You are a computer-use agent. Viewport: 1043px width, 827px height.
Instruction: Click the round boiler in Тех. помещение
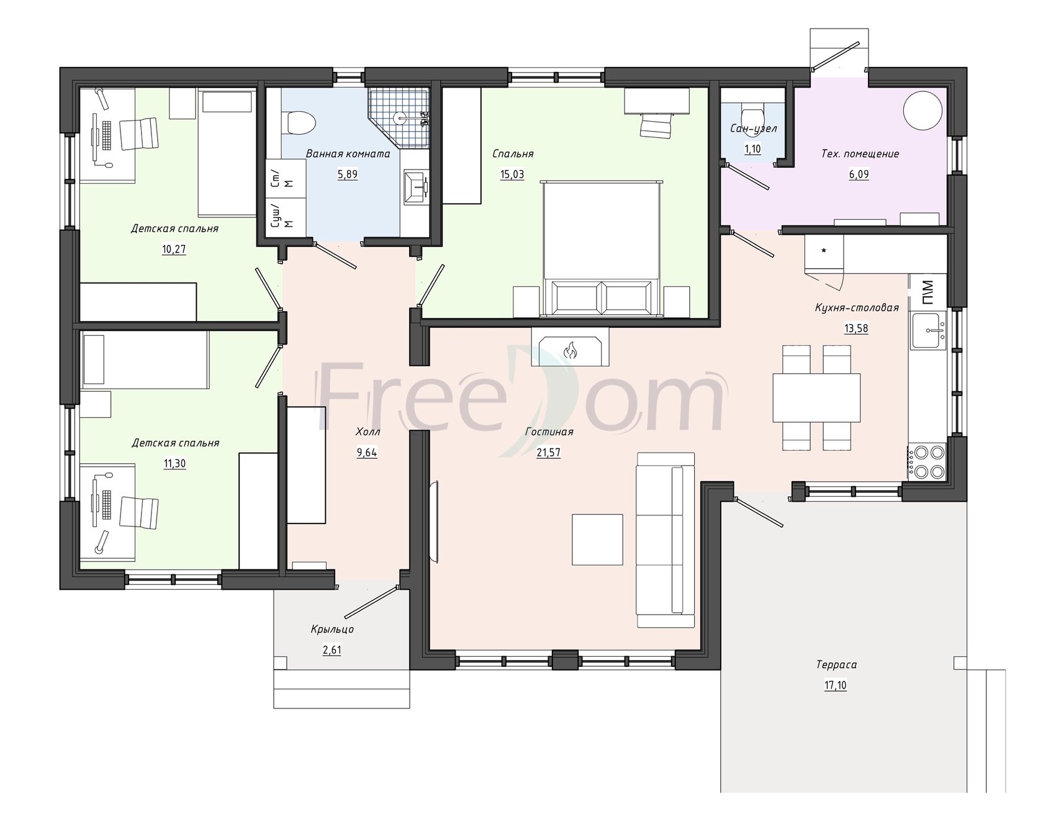click(921, 109)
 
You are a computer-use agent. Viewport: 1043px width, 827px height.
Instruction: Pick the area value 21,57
click(548, 453)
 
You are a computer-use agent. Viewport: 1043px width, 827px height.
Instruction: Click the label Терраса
click(836, 665)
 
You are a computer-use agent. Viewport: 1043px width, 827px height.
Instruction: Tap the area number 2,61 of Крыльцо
click(332, 650)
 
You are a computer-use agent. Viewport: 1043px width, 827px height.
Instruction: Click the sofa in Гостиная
click(666, 540)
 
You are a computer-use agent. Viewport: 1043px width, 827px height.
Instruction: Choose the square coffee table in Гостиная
click(597, 540)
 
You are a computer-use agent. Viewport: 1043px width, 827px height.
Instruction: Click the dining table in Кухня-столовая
click(816, 397)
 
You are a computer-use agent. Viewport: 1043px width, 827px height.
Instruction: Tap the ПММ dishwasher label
click(927, 292)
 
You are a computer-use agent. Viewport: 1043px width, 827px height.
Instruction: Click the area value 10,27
click(174, 250)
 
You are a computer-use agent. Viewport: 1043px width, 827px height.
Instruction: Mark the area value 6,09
click(859, 174)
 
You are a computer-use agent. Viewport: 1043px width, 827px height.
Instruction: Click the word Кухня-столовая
click(857, 307)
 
